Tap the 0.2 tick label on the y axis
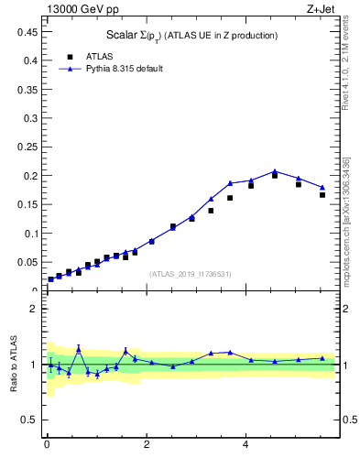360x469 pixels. tap(29, 176)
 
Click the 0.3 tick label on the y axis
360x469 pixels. tap(29, 118)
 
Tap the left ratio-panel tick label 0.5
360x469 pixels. tap(29, 420)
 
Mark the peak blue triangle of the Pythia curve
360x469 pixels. tap(275, 171)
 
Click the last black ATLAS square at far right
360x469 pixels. tap(322, 195)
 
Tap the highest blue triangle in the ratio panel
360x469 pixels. tap(79, 348)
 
